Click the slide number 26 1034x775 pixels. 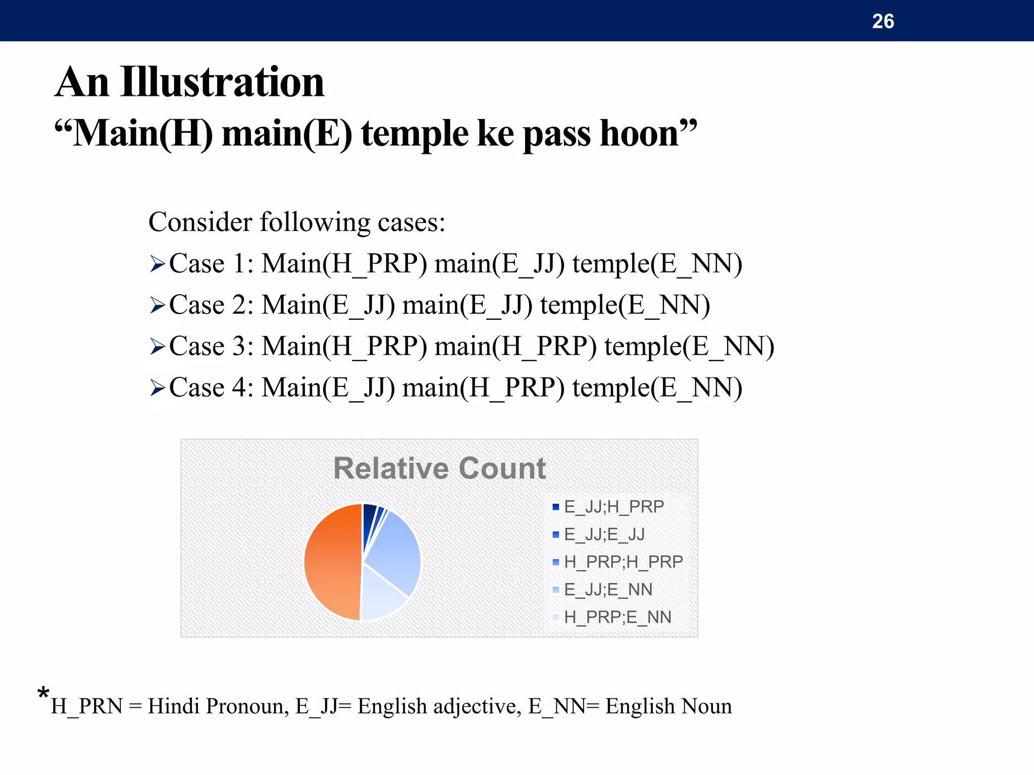pyautogui.click(x=883, y=21)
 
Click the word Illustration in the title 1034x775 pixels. pyautogui.click(x=222, y=82)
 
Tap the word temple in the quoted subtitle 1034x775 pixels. pyautogui.click(x=415, y=134)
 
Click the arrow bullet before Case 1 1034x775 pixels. pyautogui.click(x=158, y=264)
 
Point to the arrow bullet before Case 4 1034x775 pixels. pyautogui.click(x=158, y=388)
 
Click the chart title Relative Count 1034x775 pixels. pyautogui.click(x=439, y=468)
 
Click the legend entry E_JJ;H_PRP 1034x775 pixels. pyautogui.click(x=613, y=507)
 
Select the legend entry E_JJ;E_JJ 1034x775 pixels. pyautogui.click(x=604, y=534)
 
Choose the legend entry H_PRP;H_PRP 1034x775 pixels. pyautogui.click(x=623, y=562)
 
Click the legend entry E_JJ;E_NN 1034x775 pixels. pyautogui.click(x=608, y=589)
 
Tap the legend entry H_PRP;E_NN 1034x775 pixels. pyautogui.click(x=617, y=617)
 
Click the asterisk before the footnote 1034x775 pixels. pyautogui.click(x=43, y=693)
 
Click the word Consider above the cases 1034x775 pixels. pyautogui.click(x=200, y=222)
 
